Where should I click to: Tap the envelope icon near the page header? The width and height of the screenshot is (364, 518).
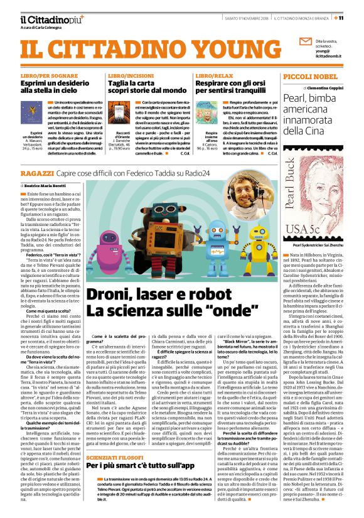(x=305, y=43)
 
